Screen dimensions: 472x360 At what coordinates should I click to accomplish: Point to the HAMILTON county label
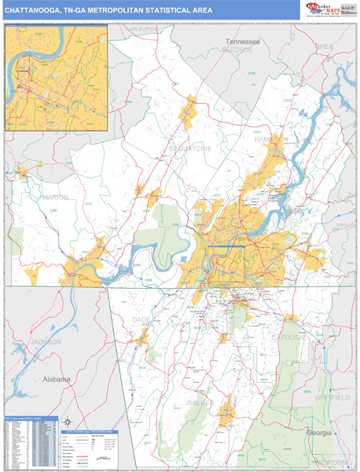272,138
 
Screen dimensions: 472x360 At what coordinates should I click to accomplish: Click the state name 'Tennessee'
244,41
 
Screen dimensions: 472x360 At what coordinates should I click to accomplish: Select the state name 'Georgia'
319,433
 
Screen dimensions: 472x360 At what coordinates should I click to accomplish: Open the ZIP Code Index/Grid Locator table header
29,419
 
